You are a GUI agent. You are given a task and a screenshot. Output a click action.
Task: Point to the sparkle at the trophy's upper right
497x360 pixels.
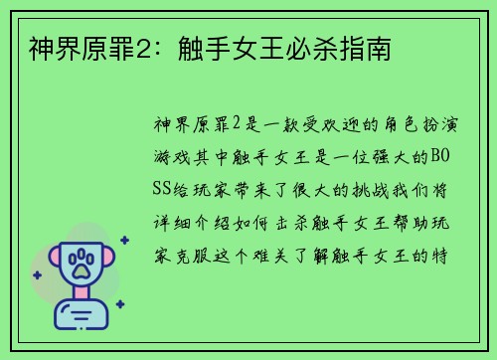124,240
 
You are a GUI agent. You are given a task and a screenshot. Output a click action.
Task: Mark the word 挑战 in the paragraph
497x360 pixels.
364,189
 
